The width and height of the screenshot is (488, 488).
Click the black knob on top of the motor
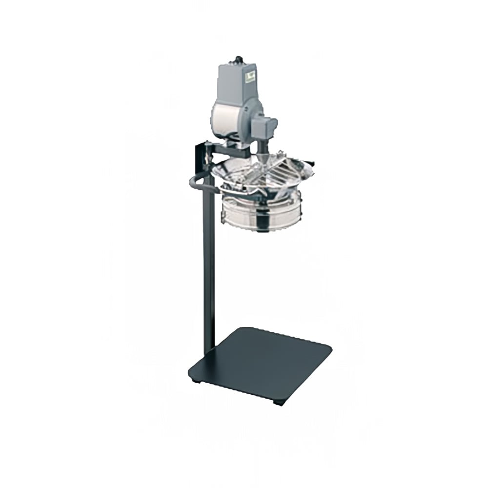click(x=239, y=60)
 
